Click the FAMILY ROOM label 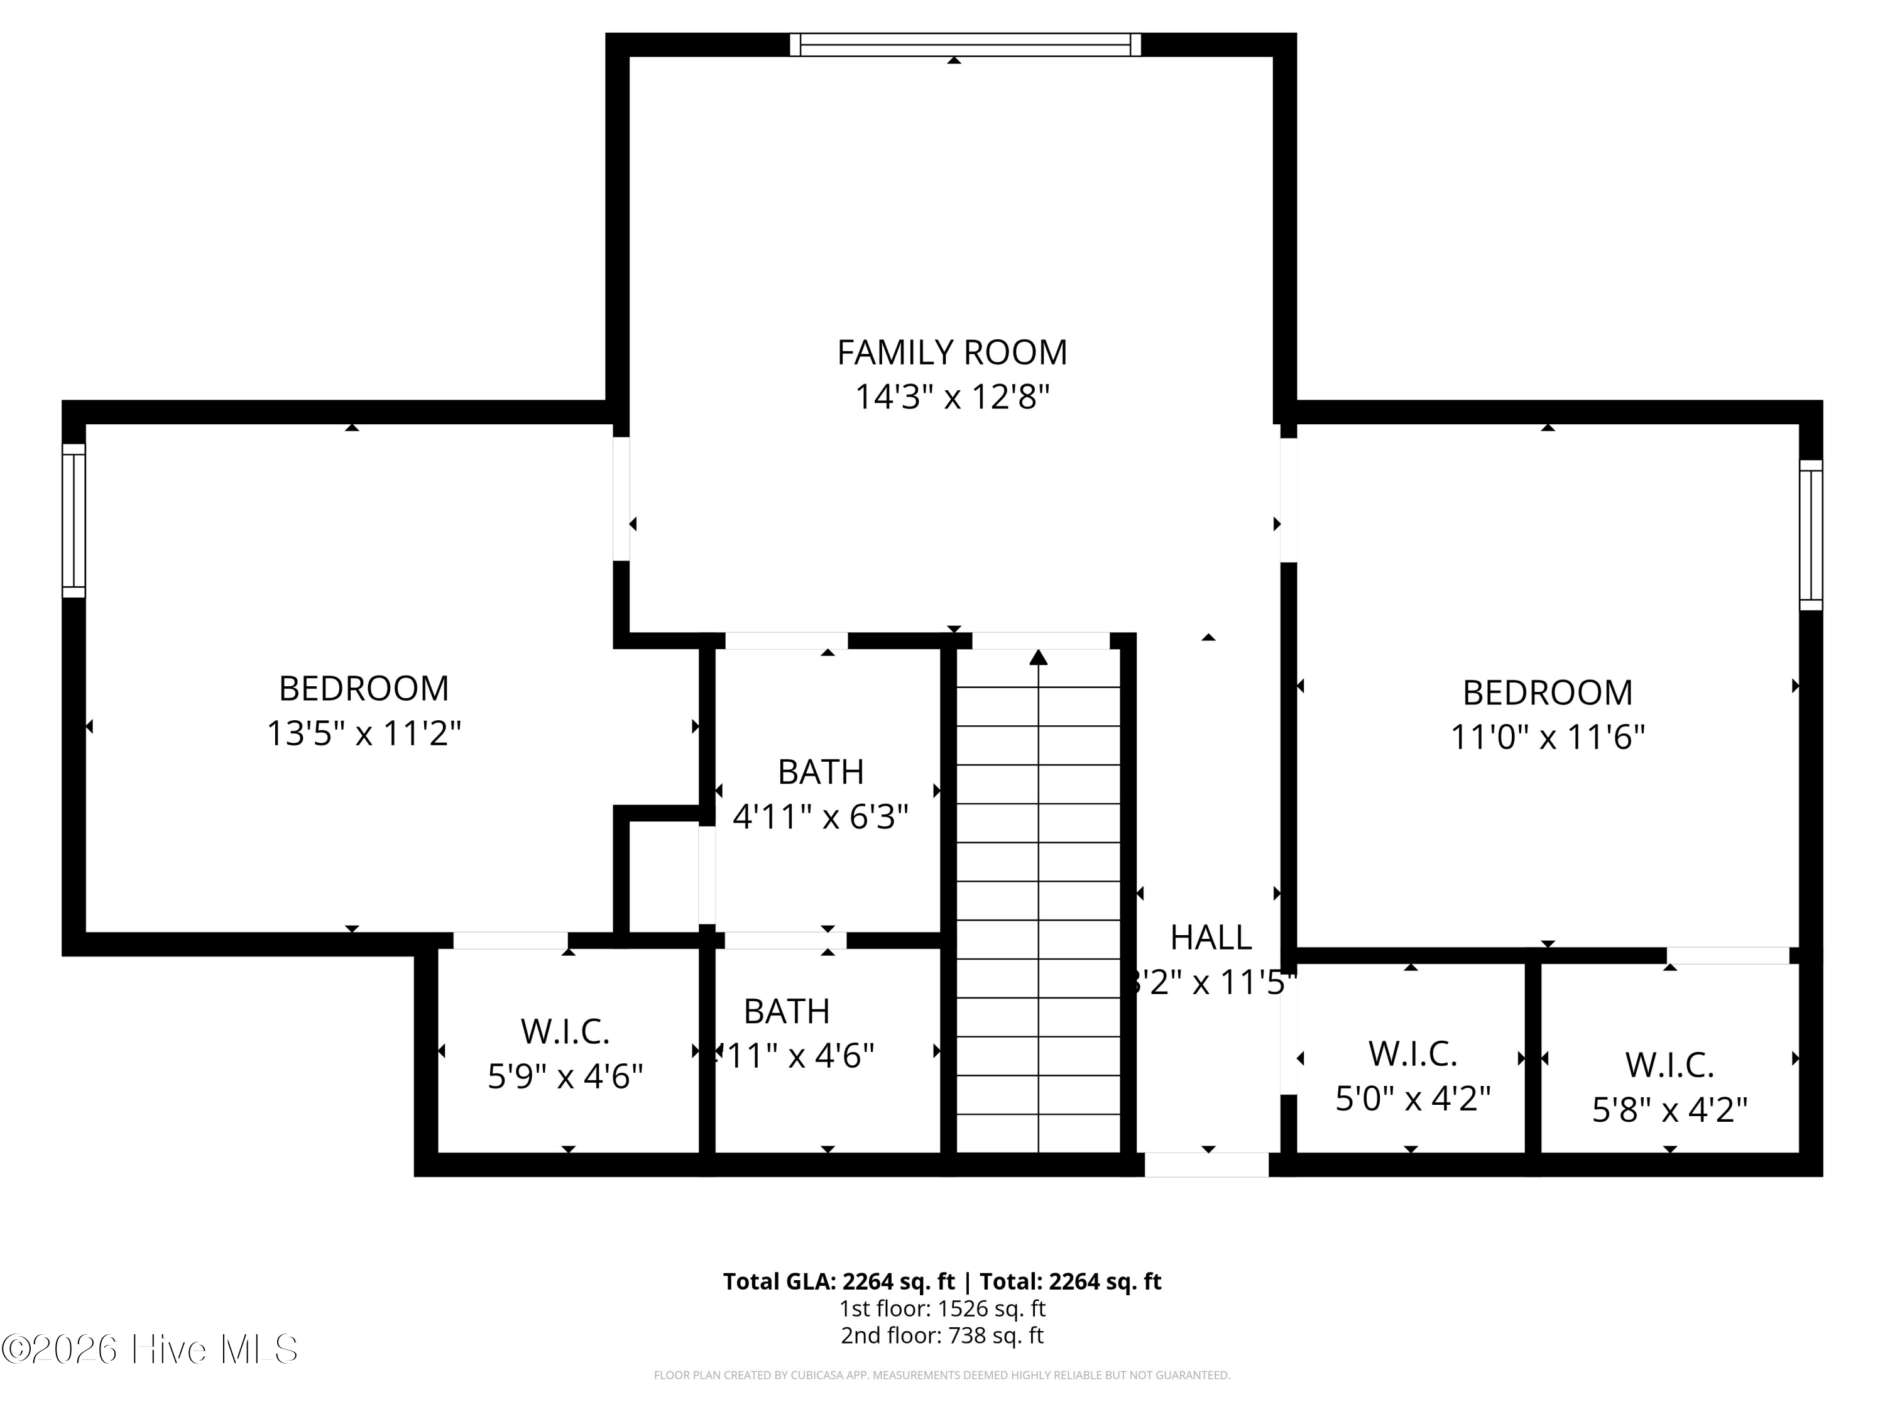pyautogui.click(x=951, y=352)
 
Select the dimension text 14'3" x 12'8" pyautogui.click(x=951, y=397)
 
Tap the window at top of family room pyautogui.click(x=964, y=45)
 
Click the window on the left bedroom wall pyautogui.click(x=74, y=520)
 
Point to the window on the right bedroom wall pyautogui.click(x=1810, y=535)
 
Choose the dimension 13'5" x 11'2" pyautogui.click(x=364, y=733)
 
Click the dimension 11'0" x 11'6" pyautogui.click(x=1547, y=737)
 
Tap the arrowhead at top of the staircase pyautogui.click(x=1038, y=657)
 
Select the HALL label pyautogui.click(x=1210, y=938)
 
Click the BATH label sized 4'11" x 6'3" pyautogui.click(x=821, y=772)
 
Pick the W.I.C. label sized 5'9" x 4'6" pyautogui.click(x=565, y=1032)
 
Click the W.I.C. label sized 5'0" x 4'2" pyautogui.click(x=1412, y=1055)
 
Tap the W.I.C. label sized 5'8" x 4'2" pyautogui.click(x=1669, y=1065)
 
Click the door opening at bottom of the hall pyautogui.click(x=1206, y=1165)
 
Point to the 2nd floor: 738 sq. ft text pyautogui.click(x=942, y=1335)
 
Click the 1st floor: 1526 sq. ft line pyautogui.click(x=942, y=1308)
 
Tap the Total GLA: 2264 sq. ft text pyautogui.click(x=839, y=1282)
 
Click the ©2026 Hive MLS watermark pyautogui.click(x=150, y=1349)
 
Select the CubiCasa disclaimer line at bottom pyautogui.click(x=942, y=1375)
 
